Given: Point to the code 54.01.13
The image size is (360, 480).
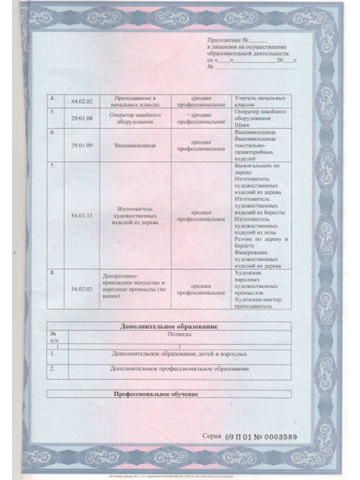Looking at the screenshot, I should point(82,215).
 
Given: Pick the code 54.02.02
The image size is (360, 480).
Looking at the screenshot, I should point(82,289).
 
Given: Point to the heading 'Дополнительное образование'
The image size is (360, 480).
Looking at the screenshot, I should point(168,326).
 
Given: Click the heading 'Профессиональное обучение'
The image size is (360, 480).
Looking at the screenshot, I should point(155,394).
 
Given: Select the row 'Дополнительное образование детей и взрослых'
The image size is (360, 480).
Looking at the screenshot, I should point(179,353).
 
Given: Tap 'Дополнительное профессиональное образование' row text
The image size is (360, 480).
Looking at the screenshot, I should point(179,368).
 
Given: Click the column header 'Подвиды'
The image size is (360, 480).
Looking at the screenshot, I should point(179,334).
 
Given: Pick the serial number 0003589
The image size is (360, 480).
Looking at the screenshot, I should point(278,436).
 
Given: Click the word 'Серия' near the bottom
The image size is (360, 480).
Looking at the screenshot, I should point(212,436).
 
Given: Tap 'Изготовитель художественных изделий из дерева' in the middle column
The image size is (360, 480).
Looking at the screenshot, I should point(135,215).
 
